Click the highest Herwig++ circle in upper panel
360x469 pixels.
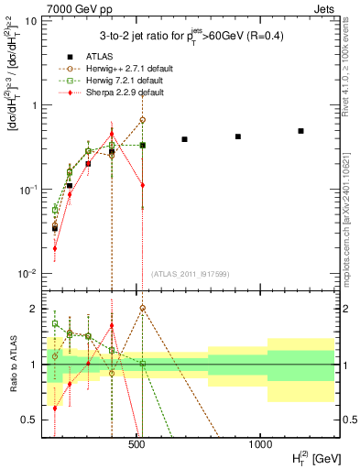click(142, 120)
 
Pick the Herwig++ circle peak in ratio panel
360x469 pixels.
click(142, 308)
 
